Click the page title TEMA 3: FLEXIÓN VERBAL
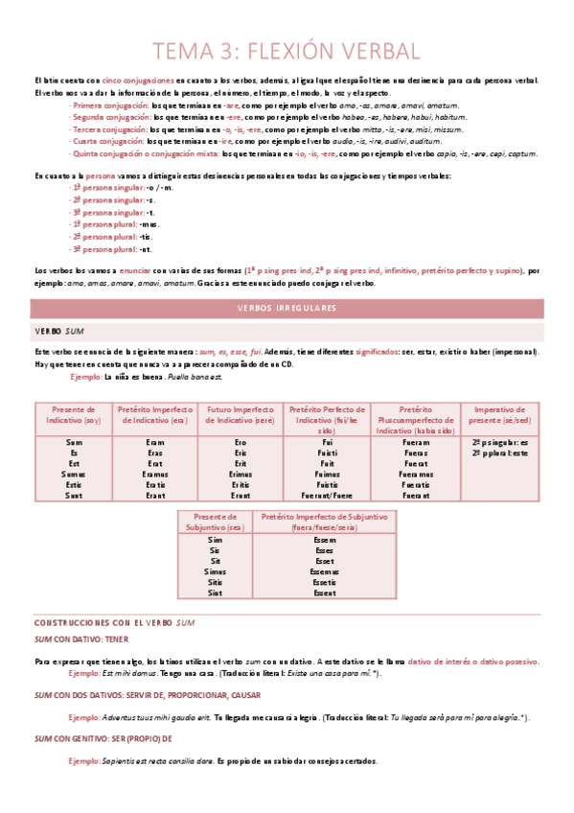click(287, 49)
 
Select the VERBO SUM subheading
click(57, 330)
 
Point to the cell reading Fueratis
click(416, 484)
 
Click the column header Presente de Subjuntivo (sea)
click(216, 522)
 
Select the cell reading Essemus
click(324, 571)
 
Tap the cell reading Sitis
click(216, 582)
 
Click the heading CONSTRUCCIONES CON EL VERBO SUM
click(114, 623)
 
